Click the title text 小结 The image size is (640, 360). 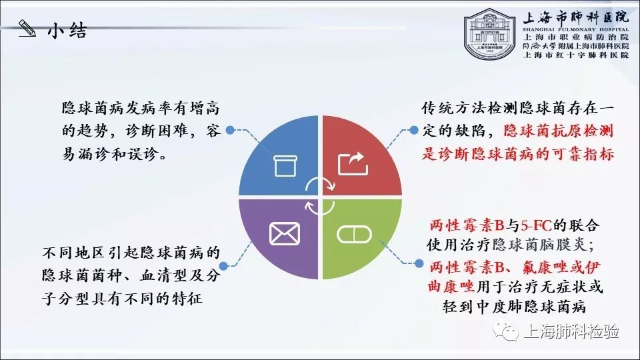[67, 30]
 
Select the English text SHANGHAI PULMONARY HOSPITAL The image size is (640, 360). [576, 29]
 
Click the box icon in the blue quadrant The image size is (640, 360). [285, 166]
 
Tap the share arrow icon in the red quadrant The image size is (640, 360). [353, 164]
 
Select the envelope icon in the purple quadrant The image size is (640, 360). [285, 233]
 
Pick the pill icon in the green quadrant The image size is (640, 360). [354, 235]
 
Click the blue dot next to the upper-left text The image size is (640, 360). [230, 130]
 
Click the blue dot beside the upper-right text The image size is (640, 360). [414, 130]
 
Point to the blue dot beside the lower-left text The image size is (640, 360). [223, 266]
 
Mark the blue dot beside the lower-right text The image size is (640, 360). [419, 263]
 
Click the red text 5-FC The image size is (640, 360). [536, 225]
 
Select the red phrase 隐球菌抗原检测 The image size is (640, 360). [559, 131]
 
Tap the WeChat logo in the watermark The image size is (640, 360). [505, 331]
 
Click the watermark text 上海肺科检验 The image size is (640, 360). [571, 331]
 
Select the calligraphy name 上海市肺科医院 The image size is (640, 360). [576, 17]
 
